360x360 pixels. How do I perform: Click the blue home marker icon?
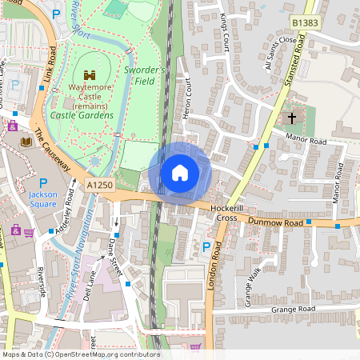pyautogui.click(x=180, y=173)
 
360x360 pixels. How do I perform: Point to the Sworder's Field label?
pyautogui.click(x=146, y=76)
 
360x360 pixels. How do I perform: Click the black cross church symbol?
pyautogui.click(x=292, y=118)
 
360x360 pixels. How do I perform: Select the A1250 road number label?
pyautogui.click(x=94, y=184)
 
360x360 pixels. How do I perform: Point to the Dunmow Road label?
pyautogui.click(x=274, y=222)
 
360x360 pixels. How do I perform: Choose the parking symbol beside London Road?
pyautogui.click(x=207, y=248)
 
